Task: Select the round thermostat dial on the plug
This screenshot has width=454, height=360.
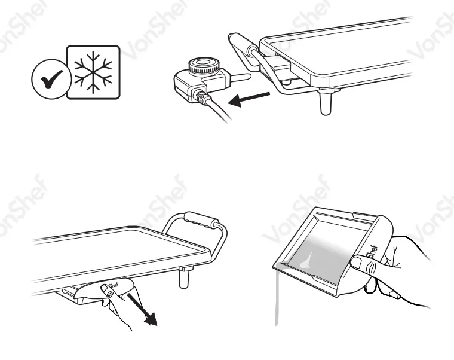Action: pyautogui.click(x=204, y=65)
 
